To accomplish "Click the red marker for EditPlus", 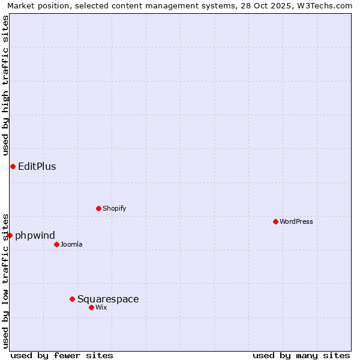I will click(x=13, y=166).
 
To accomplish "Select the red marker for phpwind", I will click(x=10, y=235).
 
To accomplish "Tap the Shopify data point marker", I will click(x=98, y=208).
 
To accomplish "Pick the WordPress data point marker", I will click(x=275, y=221).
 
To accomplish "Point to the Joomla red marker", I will click(x=56, y=244).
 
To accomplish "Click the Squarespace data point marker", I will click(x=72, y=299).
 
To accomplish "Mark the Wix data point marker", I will click(x=91, y=307).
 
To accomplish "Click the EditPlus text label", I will click(x=37, y=166).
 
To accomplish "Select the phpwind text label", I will click(x=35, y=235).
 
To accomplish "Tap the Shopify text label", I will click(x=114, y=208).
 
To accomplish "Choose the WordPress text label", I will click(x=296, y=221).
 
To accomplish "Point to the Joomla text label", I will click(x=71, y=244).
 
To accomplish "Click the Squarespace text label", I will click(x=108, y=299).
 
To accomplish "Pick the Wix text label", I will click(x=101, y=307).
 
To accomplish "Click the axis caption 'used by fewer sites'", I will click(x=62, y=355).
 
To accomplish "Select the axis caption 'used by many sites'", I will click(x=301, y=355).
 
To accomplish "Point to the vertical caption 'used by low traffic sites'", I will click(x=5, y=280).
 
